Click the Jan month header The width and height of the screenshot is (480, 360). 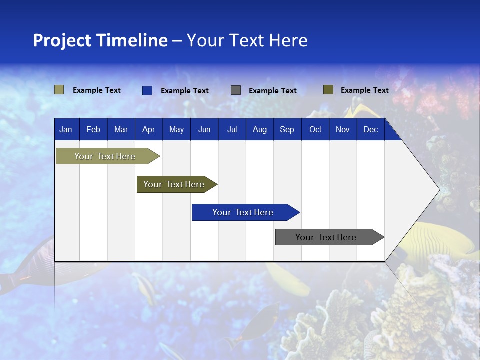[x=66, y=130]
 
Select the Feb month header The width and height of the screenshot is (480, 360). [x=93, y=130]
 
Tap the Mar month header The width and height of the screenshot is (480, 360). [x=121, y=130]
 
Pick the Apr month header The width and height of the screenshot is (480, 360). [x=149, y=130]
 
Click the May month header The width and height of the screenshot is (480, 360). [x=176, y=130]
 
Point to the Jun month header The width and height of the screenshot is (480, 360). [x=204, y=130]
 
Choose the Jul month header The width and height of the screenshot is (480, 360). [x=232, y=130]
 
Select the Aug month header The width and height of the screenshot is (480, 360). [x=260, y=130]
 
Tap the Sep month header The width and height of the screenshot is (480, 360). [x=287, y=130]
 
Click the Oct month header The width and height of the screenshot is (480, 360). [x=315, y=130]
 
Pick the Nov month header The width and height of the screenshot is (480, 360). [x=343, y=130]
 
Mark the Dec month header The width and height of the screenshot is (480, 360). [x=371, y=130]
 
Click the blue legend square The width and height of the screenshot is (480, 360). [x=147, y=90]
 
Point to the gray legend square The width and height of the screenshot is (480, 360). [x=236, y=90]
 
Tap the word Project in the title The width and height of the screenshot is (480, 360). [x=62, y=40]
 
